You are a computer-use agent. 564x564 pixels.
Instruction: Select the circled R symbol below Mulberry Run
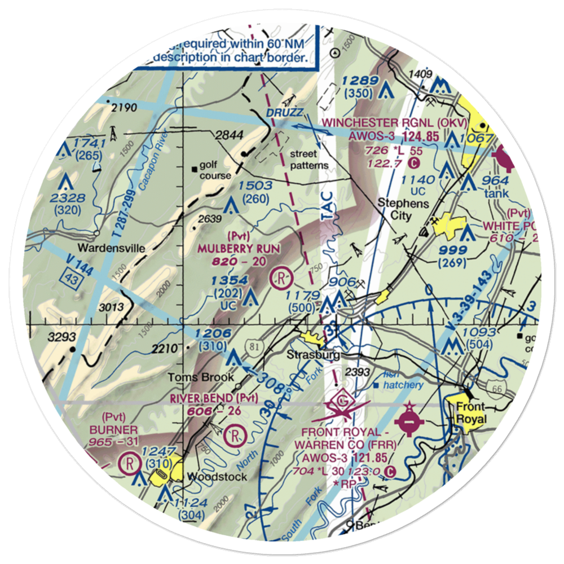[280, 277]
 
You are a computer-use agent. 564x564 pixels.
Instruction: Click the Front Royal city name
[470, 412]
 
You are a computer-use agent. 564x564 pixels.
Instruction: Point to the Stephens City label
[403, 209]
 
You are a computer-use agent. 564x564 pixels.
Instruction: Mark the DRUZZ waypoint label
[285, 113]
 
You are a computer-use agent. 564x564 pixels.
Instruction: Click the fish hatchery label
[402, 381]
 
